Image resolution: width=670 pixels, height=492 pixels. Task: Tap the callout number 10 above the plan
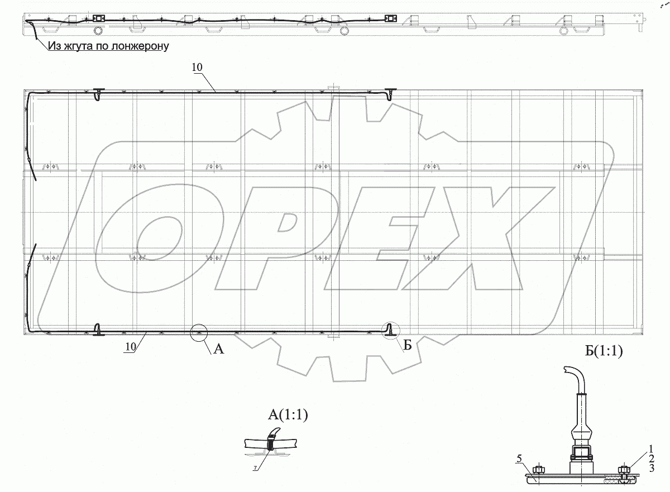[197, 68]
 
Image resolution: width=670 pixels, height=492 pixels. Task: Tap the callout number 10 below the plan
[131, 347]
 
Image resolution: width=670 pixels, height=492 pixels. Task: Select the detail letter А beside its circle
[219, 348]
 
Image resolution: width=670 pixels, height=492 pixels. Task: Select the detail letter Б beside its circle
[408, 345]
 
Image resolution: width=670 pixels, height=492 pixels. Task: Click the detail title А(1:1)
[288, 415]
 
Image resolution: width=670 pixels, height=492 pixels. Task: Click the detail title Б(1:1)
[604, 351]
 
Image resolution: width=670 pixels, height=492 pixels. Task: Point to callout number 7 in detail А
[255, 469]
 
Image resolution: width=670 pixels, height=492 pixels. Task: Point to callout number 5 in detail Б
[519, 458]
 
